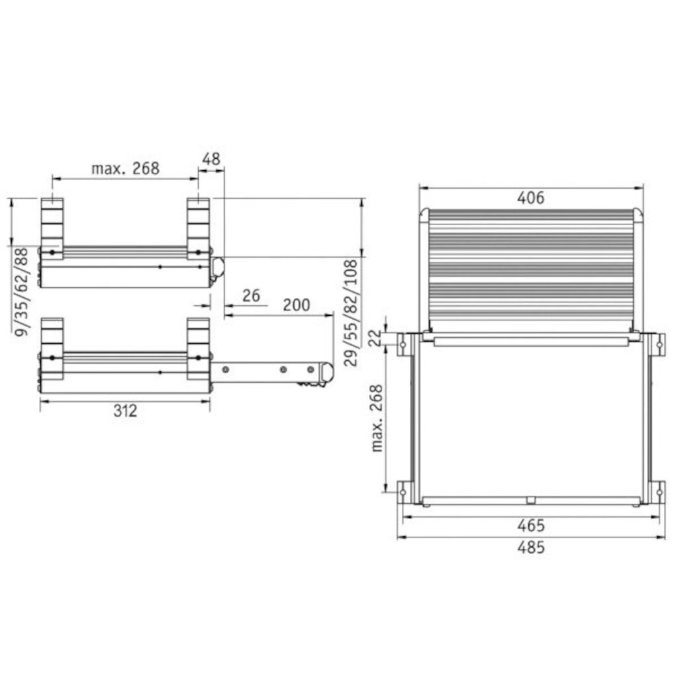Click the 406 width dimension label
530,197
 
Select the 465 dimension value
530,525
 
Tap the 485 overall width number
530,548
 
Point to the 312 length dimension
125,411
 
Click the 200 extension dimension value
296,305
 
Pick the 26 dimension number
251,296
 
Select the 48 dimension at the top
211,159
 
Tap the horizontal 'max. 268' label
125,168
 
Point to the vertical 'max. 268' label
377,418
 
